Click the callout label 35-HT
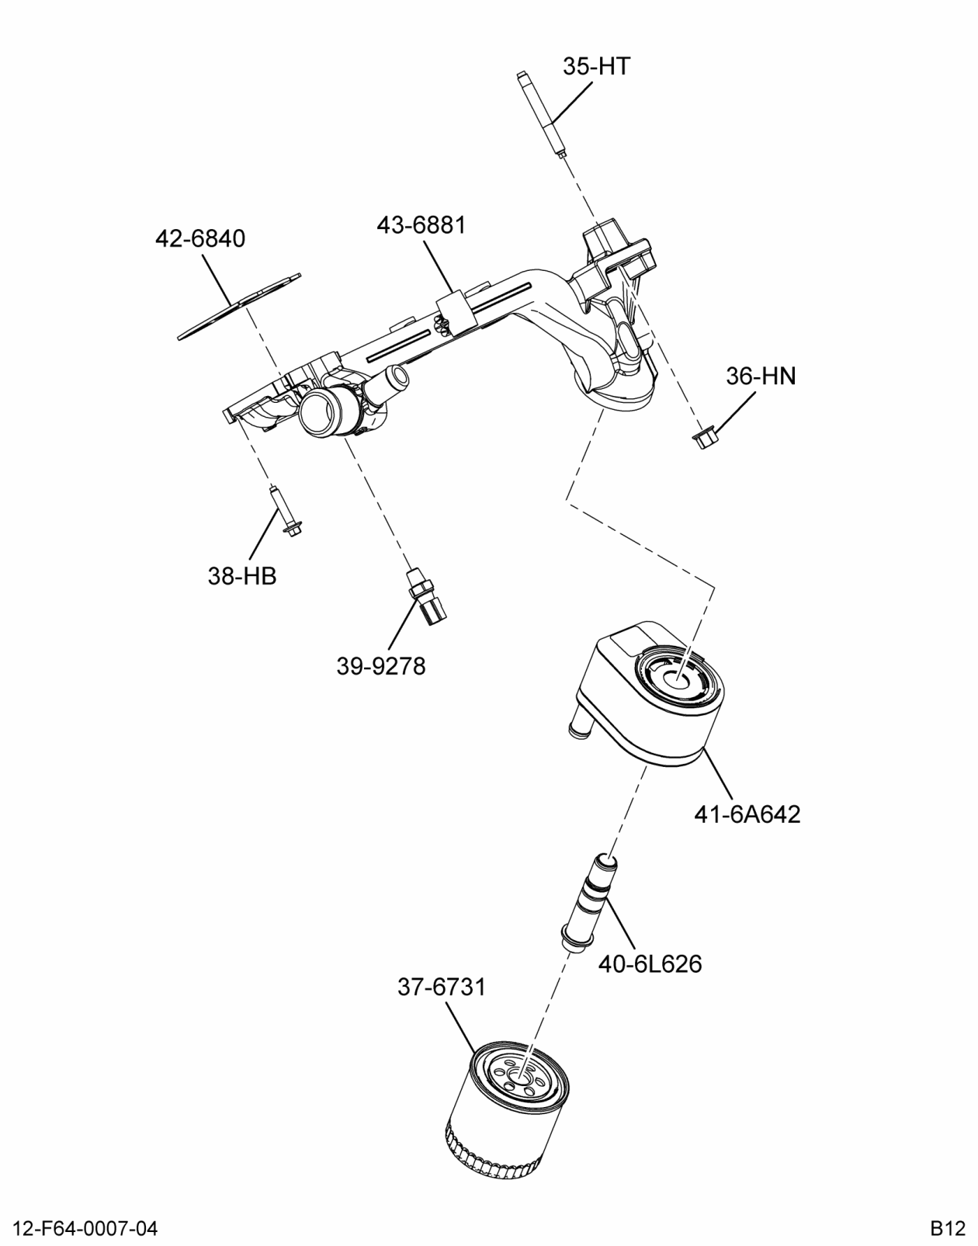[596, 67]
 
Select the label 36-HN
[761, 377]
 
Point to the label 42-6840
[200, 238]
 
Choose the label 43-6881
[421, 225]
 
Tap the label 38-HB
[242, 576]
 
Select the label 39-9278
[380, 666]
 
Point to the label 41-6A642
[747, 814]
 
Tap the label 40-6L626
[650, 964]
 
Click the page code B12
[947, 1229]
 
